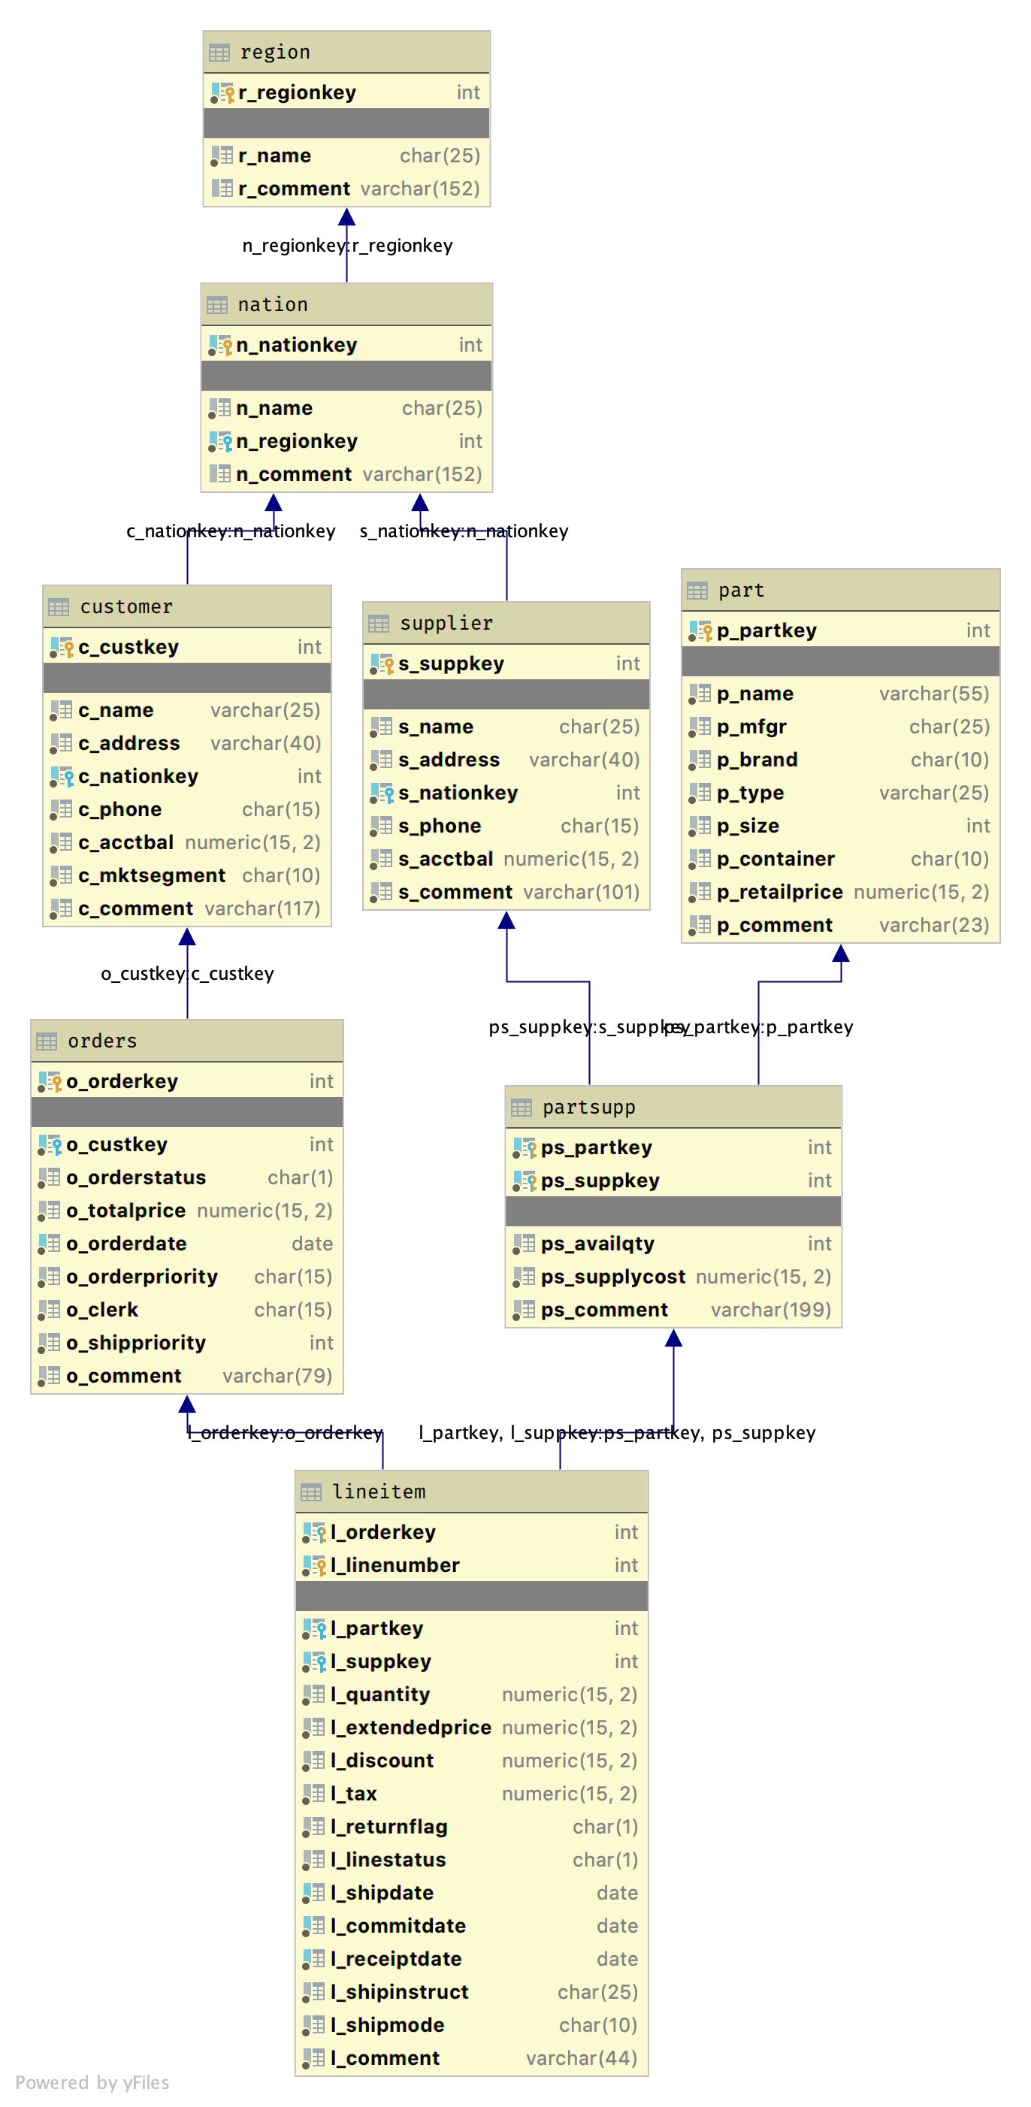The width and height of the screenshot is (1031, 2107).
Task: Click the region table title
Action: (x=275, y=53)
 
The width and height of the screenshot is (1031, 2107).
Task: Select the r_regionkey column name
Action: (x=297, y=92)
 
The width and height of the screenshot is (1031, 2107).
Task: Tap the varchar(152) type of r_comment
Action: (x=421, y=189)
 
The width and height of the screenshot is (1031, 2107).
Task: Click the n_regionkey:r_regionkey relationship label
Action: (x=347, y=246)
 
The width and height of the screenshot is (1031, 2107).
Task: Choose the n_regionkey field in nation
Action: (x=297, y=442)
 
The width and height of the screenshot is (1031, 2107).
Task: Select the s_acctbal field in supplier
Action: (x=446, y=860)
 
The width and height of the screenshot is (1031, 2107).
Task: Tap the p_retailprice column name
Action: (x=780, y=893)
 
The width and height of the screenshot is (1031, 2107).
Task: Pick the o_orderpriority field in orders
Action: (x=142, y=1277)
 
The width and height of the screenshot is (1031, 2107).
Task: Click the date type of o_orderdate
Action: (x=313, y=1244)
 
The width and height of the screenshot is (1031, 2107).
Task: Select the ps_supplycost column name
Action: (x=613, y=1277)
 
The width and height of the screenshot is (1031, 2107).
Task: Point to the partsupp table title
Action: (x=589, y=1108)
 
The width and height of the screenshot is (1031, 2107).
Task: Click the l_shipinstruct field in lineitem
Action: (x=399, y=1993)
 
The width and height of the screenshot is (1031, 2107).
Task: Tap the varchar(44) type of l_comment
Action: (x=582, y=2059)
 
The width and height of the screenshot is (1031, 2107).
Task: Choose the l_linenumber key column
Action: (x=395, y=1565)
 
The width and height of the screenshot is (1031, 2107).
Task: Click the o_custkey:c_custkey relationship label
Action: (x=187, y=974)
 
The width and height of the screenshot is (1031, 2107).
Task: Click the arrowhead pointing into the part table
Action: (x=841, y=953)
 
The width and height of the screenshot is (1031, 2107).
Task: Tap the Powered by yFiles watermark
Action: (x=92, y=2082)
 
